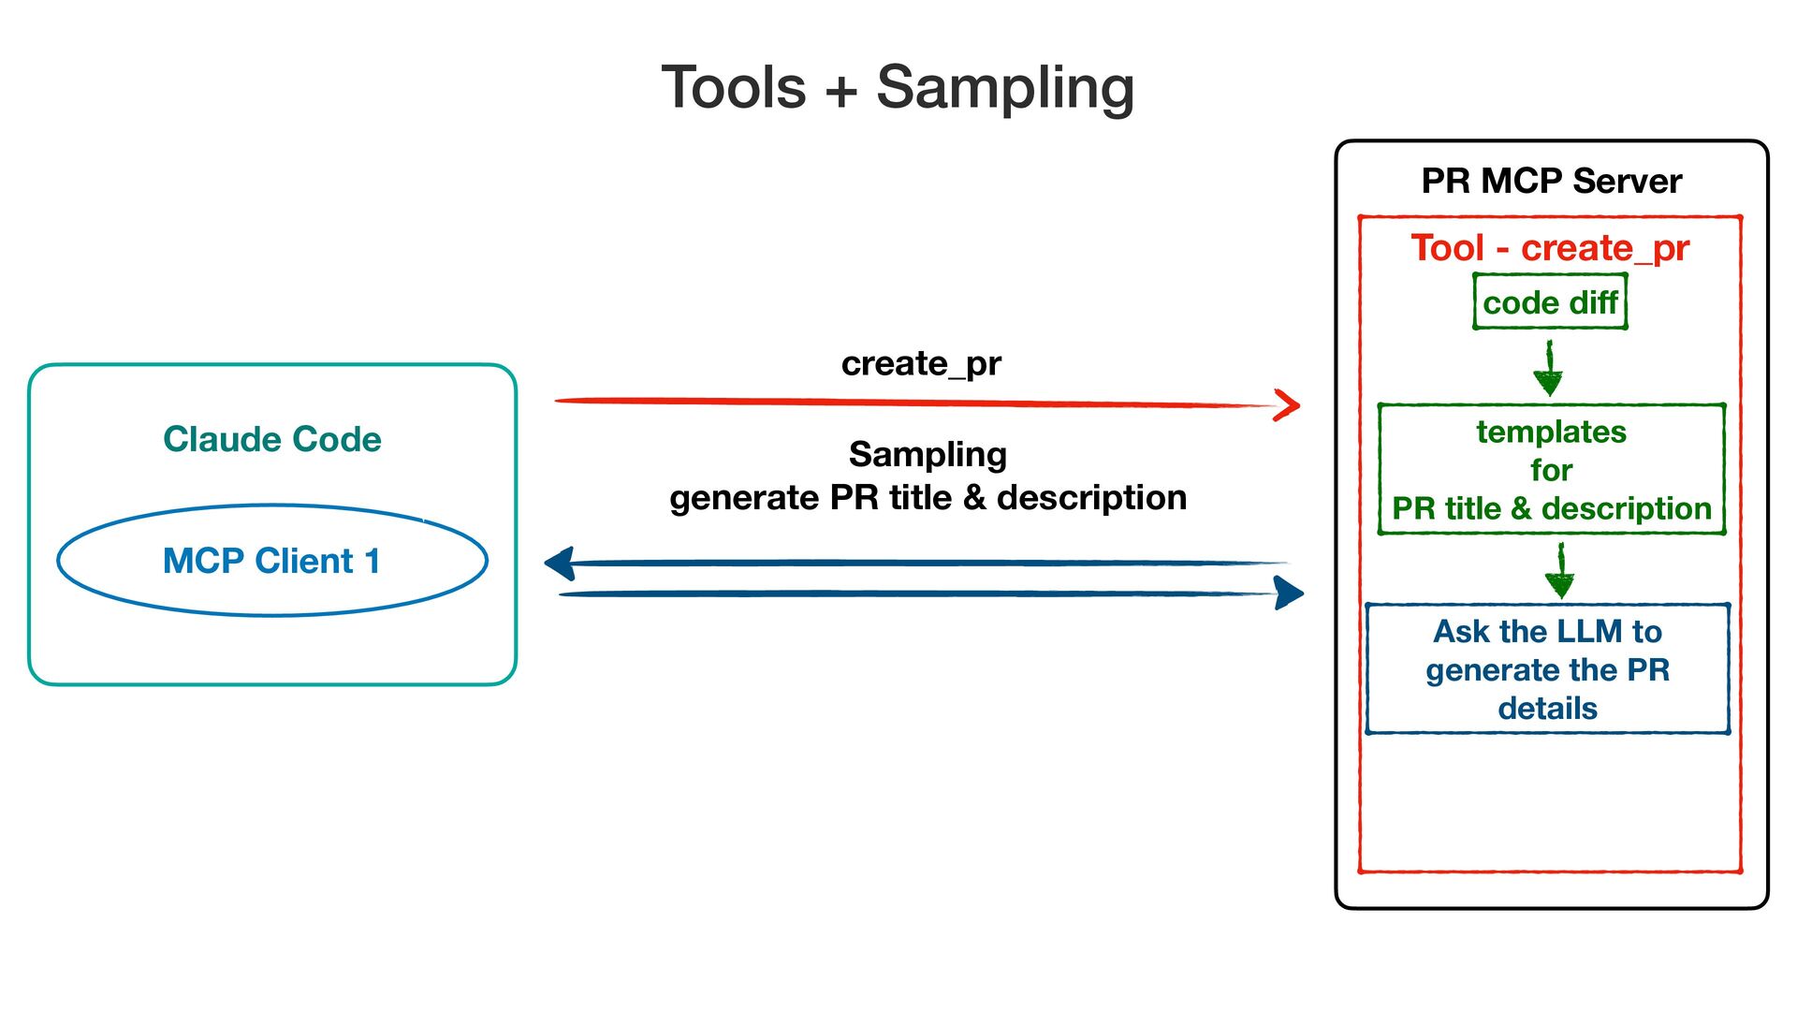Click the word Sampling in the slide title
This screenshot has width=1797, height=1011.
click(x=1005, y=89)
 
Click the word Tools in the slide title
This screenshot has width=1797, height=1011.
click(x=734, y=87)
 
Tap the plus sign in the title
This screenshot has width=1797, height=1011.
click(x=840, y=91)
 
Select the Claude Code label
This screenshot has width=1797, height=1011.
click(x=272, y=439)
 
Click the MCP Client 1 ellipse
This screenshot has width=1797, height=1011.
click(x=272, y=506)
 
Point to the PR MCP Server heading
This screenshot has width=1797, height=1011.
click(x=1551, y=181)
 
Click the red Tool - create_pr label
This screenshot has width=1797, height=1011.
click(x=1550, y=248)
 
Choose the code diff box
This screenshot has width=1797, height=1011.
click(x=1550, y=301)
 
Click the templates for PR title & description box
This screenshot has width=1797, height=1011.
click(x=1551, y=469)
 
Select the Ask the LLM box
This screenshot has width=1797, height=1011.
click(x=1548, y=668)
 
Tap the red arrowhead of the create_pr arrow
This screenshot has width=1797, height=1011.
click(x=1288, y=405)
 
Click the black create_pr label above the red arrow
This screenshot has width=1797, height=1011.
click(x=921, y=363)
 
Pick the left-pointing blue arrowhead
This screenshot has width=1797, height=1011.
click(x=560, y=564)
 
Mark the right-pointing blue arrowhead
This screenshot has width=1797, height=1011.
click(x=1290, y=593)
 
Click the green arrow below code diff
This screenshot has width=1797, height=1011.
click(x=1549, y=368)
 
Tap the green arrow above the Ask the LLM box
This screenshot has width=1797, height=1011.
click(x=1560, y=571)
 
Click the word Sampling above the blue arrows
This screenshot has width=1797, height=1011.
click(x=928, y=455)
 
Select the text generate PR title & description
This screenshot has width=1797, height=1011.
click(x=928, y=497)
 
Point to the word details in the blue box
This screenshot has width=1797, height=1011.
click(x=1548, y=708)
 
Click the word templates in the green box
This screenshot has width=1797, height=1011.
click(x=1552, y=432)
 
